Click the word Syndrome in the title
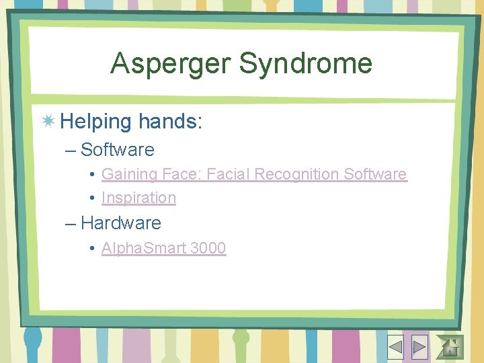coord(305,64)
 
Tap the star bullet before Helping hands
coord(48,122)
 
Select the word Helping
coord(96,122)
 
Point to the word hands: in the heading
coord(170,122)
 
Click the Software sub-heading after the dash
coord(117,150)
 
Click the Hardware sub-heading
coord(120,223)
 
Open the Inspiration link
coord(138,198)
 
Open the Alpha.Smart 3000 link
coord(163,248)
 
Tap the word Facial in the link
coord(229,174)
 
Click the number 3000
coord(208,248)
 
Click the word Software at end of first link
coord(375,174)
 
